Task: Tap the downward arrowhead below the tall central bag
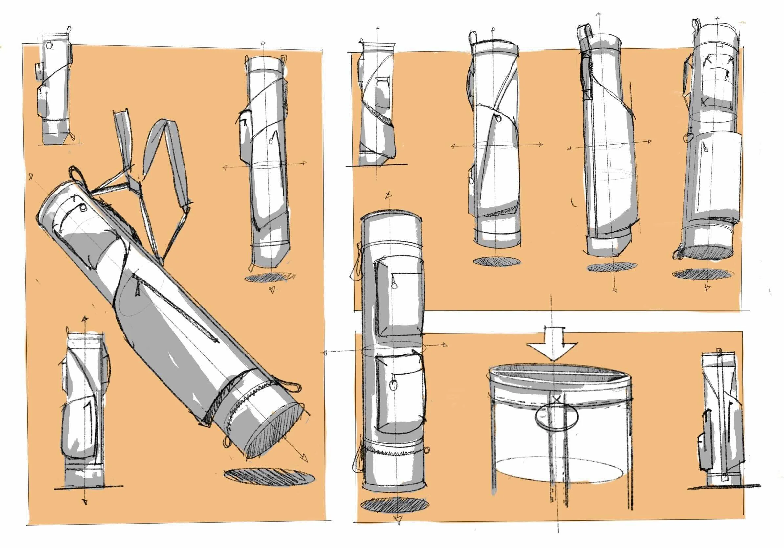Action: pos(398,521)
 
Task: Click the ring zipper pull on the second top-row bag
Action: pos(499,119)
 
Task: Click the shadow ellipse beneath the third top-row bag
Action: pos(611,267)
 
